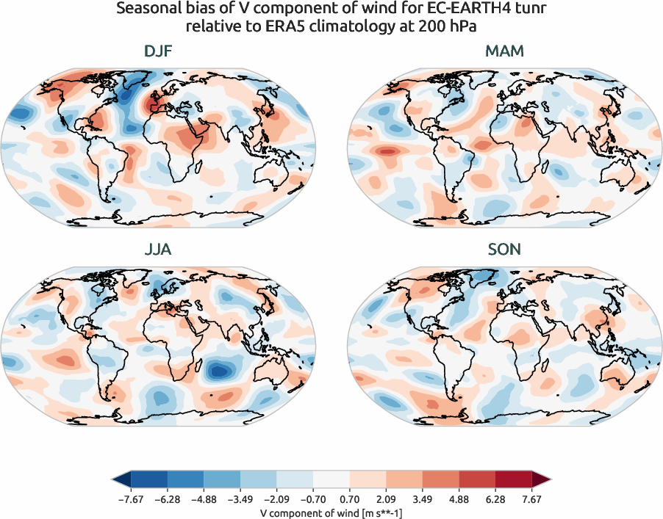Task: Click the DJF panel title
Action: [159, 52]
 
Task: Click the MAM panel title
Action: [505, 52]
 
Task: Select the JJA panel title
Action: [159, 250]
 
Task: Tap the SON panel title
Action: [505, 250]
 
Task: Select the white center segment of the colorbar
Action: [331, 480]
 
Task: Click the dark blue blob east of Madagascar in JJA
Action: [219, 371]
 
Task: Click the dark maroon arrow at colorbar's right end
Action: [542, 480]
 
